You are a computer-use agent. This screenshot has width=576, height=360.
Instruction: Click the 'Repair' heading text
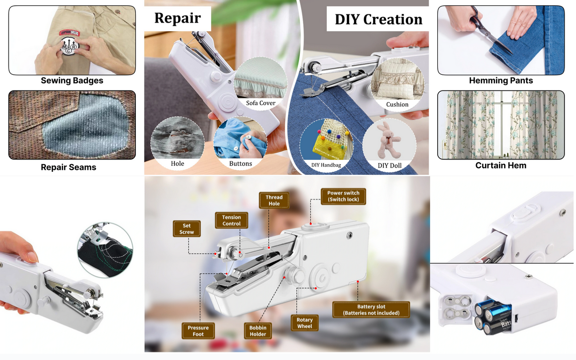pyautogui.click(x=177, y=18)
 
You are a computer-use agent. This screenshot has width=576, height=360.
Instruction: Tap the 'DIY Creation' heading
pyautogui.click(x=378, y=19)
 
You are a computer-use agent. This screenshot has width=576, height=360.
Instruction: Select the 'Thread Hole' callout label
pyautogui.click(x=274, y=200)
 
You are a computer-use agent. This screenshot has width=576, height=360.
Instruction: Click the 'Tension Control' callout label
pyautogui.click(x=232, y=220)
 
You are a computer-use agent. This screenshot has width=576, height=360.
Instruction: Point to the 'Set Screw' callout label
pyautogui.click(x=187, y=229)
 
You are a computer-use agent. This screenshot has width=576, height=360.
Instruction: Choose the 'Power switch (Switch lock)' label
pyautogui.click(x=343, y=196)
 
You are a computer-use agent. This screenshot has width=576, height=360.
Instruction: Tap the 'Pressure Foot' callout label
pyautogui.click(x=198, y=331)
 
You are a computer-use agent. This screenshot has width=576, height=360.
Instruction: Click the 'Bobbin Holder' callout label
pyautogui.click(x=258, y=331)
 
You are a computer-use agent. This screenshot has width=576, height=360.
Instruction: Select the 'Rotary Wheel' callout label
pyautogui.click(x=304, y=323)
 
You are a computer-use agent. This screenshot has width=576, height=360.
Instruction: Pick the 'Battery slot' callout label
pyautogui.click(x=371, y=310)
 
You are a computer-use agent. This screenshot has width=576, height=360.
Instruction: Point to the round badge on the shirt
pyautogui.click(x=72, y=45)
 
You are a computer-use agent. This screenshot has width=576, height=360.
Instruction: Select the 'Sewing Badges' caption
pyautogui.click(x=72, y=80)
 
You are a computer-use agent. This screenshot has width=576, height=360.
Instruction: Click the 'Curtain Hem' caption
pyautogui.click(x=500, y=166)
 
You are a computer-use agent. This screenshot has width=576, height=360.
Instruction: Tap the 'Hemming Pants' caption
pyautogui.click(x=500, y=80)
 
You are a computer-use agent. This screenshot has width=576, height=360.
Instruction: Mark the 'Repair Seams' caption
pyautogui.click(x=68, y=167)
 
